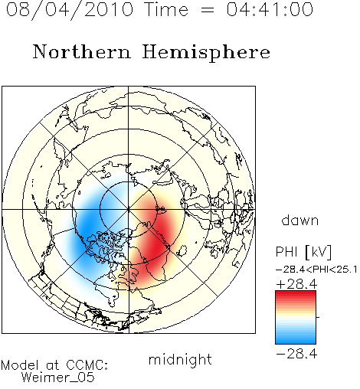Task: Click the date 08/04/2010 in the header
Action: pos(70,10)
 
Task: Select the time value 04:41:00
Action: pos(270,10)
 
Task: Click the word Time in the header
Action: pos(166,10)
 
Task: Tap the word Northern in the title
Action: pos(81,51)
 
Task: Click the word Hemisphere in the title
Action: pos(206,53)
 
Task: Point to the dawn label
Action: pos(300,220)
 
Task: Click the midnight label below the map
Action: pos(180,360)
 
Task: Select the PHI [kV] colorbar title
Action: pos(303,252)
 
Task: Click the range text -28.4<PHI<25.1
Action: pos(316,270)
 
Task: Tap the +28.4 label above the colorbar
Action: pos(296,284)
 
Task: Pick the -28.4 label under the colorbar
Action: pos(296,354)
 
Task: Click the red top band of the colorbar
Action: pos(296,294)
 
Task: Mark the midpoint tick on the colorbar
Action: pos(318,317)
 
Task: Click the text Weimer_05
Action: pos(58,378)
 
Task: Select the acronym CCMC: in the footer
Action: pos(87,365)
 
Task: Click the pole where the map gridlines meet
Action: pos(129,209)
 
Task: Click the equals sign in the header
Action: pos(208,10)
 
